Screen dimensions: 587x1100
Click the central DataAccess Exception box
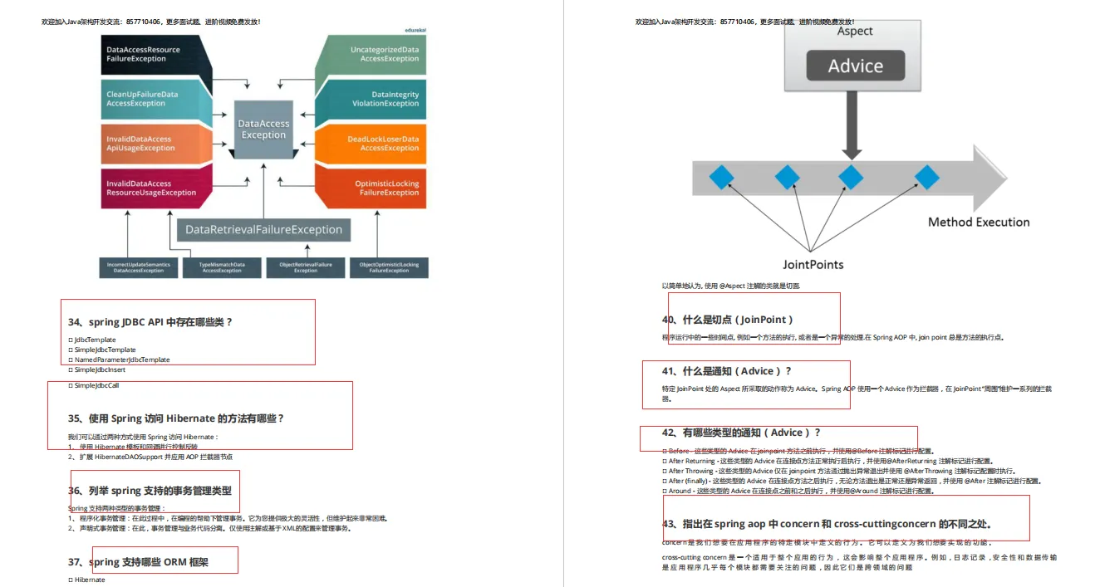[x=263, y=130]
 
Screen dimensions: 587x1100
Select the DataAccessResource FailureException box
[x=150, y=55]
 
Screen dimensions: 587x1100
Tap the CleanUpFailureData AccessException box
[x=150, y=100]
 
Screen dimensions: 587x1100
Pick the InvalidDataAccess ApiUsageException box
[x=150, y=144]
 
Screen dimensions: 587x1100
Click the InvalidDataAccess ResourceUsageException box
[x=150, y=188]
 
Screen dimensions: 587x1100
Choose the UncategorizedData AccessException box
[x=378, y=55]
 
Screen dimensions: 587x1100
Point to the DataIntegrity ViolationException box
[x=378, y=100]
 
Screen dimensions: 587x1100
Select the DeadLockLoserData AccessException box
[x=378, y=144]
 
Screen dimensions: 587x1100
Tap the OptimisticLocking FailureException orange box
[x=378, y=188]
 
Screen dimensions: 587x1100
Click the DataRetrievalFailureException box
[x=263, y=230]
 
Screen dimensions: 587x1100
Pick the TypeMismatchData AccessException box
[x=222, y=267]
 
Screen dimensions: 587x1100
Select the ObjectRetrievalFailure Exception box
[x=305, y=267]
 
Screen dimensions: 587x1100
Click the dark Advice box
[x=855, y=66]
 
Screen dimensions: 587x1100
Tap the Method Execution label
[x=978, y=223]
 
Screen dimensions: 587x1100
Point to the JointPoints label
[x=813, y=265]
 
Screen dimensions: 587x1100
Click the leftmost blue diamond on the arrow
[x=721, y=177]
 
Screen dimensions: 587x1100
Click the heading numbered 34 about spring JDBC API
[x=150, y=322]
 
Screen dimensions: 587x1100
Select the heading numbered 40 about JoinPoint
[x=727, y=320]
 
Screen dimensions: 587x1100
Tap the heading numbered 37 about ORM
[x=138, y=562]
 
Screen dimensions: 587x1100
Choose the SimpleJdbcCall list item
[x=96, y=386]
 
